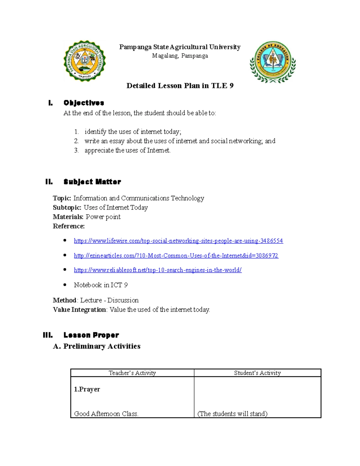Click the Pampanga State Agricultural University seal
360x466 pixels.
(85, 61)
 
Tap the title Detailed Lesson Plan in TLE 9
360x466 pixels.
(180, 86)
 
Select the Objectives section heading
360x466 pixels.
(84, 103)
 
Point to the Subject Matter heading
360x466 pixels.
(92, 182)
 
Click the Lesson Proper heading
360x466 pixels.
(91, 335)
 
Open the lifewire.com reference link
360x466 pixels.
(178, 241)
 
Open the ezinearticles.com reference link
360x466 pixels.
(176, 256)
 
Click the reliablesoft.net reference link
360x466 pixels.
(157, 270)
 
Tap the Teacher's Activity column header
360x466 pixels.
(132, 373)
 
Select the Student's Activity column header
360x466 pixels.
(257, 373)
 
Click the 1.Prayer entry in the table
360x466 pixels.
(87, 389)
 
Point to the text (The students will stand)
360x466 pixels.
(232, 414)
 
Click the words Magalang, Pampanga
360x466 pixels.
(180, 56)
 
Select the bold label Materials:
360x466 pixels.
(68, 217)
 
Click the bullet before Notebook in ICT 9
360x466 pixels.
(65, 285)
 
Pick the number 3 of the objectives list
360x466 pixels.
(76, 150)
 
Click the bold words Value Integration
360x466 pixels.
(79, 310)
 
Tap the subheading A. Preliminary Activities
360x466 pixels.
(97, 346)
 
